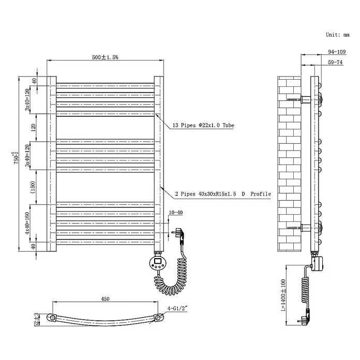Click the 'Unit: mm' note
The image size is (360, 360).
pyautogui.click(x=337, y=35)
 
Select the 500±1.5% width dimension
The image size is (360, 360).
pyautogui.click(x=105, y=57)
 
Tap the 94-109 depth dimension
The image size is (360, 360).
pyautogui.click(x=337, y=52)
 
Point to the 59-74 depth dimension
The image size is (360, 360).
pyautogui.click(x=335, y=62)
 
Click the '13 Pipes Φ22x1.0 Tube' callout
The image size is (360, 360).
pyautogui.click(x=203, y=125)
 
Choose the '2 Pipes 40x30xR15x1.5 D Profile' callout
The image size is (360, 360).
pyautogui.click(x=223, y=194)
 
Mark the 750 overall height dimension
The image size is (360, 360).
pyautogui.click(x=16, y=158)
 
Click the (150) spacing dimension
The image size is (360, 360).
pyautogui.click(x=33, y=187)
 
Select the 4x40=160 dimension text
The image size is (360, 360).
pyautogui.click(x=27, y=223)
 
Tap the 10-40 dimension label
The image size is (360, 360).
pyautogui.click(x=176, y=213)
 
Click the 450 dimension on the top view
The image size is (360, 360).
pyautogui.click(x=105, y=299)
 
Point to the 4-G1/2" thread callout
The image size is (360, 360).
pyautogui.click(x=177, y=308)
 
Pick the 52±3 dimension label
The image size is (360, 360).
pyautogui.click(x=36, y=319)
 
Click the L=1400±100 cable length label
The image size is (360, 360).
pyautogui.click(x=283, y=295)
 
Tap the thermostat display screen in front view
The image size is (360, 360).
pyautogui.click(x=158, y=261)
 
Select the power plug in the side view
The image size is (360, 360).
pyautogui.click(x=305, y=318)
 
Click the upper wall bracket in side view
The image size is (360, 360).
pyautogui.click(x=306, y=99)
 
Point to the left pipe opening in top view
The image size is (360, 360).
pyautogui.click(x=53, y=318)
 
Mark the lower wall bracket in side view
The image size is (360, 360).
pyautogui.click(x=306, y=228)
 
